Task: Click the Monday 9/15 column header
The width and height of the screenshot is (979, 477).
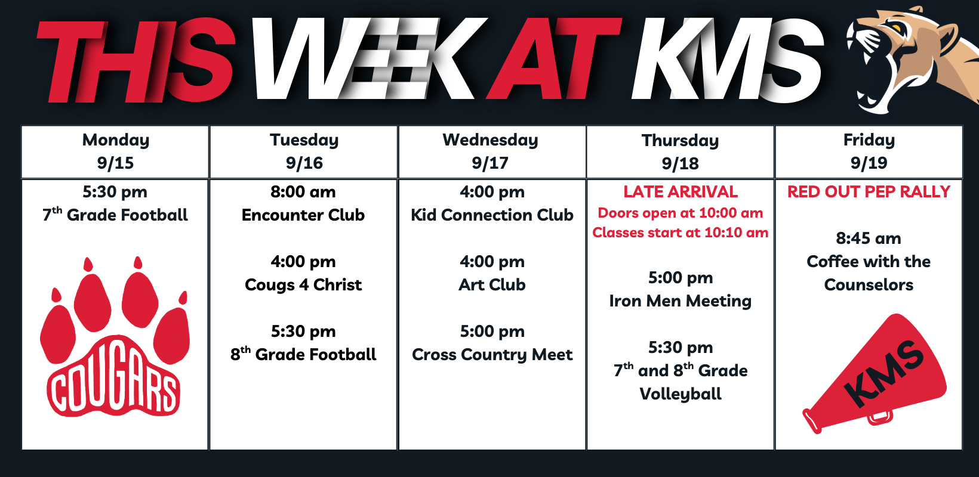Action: (115, 151)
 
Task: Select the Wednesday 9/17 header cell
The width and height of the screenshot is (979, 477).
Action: (492, 151)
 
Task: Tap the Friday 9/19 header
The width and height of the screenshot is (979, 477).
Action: (869, 151)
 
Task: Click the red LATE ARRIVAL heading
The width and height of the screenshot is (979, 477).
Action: (681, 192)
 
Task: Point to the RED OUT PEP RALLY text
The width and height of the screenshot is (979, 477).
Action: (869, 192)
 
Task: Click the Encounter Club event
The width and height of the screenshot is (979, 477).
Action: (303, 215)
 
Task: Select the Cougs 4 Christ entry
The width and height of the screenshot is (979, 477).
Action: (303, 285)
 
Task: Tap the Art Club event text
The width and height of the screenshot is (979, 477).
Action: (492, 285)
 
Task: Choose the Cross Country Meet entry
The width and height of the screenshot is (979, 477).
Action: (492, 355)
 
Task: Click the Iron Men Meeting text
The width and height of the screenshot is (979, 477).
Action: (681, 301)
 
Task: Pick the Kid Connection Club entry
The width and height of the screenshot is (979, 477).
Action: (492, 215)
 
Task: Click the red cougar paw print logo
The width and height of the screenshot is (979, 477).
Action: (115, 337)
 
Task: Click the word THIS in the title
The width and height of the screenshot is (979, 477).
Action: (136, 60)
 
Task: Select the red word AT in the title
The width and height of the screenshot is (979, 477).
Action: (554, 58)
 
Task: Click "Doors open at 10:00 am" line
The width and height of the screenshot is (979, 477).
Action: (681, 213)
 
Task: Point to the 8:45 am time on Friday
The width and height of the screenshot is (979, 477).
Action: (869, 238)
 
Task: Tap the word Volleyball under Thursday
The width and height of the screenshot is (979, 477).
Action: (681, 394)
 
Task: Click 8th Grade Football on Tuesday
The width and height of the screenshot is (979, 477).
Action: (303, 354)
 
